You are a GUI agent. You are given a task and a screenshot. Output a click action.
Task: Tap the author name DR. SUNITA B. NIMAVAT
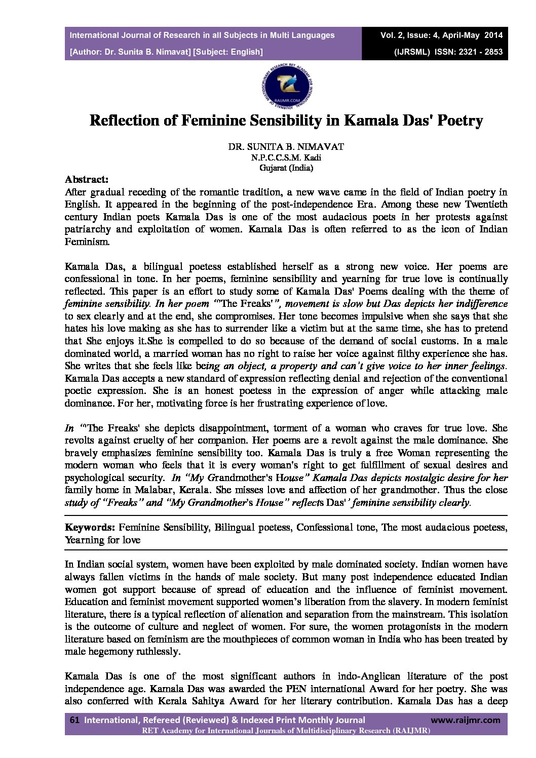coord(286,147)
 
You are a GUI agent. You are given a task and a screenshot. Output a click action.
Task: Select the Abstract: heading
coord(87,179)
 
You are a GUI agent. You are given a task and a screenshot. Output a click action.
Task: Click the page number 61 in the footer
coord(74,720)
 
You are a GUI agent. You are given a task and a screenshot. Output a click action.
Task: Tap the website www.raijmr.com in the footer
coord(465,720)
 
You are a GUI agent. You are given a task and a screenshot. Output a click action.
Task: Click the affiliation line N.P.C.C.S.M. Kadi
coord(286,157)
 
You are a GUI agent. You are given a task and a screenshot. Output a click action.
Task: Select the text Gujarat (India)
coord(286,168)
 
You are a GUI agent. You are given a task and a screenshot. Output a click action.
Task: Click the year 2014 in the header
coord(493,35)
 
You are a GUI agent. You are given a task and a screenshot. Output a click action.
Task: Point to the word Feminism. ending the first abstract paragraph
coord(87,242)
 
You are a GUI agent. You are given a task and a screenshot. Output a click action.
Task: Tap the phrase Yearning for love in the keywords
coord(102,540)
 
